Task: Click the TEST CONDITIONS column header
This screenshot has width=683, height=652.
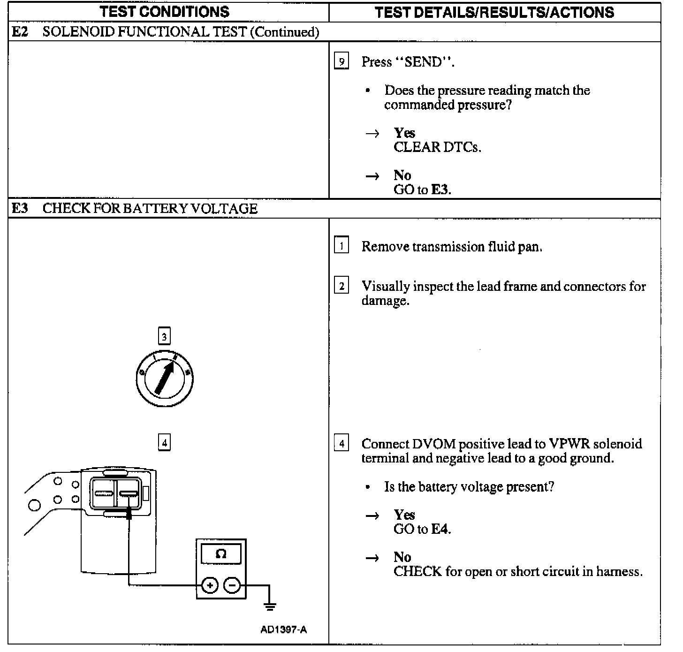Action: pos(165,12)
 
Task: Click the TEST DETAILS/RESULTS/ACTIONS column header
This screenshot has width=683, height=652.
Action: pos(494,12)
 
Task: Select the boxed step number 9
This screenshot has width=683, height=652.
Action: pos(341,61)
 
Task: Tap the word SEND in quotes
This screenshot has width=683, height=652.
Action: pos(423,62)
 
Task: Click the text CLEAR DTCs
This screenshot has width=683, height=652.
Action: pos(437,147)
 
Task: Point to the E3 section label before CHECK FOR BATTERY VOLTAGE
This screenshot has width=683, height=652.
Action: pos(20,208)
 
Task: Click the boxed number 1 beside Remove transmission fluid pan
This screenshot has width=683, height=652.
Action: pos(341,246)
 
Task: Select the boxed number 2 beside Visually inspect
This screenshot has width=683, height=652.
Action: pos(341,286)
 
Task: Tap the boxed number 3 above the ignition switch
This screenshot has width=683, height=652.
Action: pos(164,336)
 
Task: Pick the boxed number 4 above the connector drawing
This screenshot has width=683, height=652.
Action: pos(164,442)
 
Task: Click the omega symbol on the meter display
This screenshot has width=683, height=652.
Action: pos(221,554)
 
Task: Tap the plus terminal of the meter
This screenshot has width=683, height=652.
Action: pos(210,585)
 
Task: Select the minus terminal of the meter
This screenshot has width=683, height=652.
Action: pos(232,585)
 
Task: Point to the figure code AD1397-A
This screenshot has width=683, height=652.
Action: pos(283,629)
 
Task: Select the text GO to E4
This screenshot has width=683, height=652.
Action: pos(422,529)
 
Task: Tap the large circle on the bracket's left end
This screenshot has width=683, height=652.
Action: pos(35,505)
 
